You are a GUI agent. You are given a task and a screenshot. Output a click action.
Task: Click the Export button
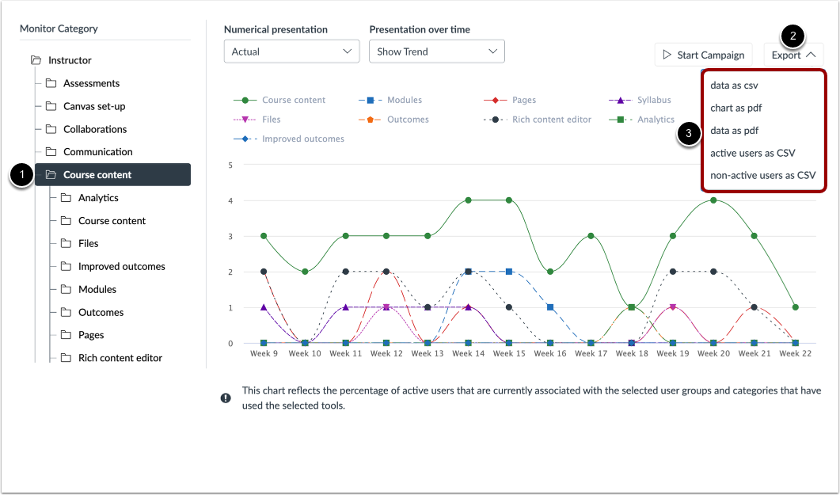793,55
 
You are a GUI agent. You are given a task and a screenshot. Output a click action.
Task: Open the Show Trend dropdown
436,51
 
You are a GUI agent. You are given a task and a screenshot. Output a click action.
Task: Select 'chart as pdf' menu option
736,108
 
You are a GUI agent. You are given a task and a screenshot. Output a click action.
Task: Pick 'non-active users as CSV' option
762,175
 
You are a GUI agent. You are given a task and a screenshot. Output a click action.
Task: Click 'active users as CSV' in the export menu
752,153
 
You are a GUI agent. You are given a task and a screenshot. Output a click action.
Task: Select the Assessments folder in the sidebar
91,83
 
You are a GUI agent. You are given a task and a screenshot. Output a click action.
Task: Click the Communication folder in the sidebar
97,152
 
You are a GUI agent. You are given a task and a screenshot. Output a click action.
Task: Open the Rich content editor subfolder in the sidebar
120,358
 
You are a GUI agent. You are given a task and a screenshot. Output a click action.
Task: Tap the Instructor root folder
70,60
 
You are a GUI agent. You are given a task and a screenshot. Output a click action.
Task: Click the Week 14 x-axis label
468,354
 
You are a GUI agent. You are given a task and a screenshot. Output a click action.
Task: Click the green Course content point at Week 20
713,200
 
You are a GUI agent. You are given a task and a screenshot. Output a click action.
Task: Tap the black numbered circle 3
689,134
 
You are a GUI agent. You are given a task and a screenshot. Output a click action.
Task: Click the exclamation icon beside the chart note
226,398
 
